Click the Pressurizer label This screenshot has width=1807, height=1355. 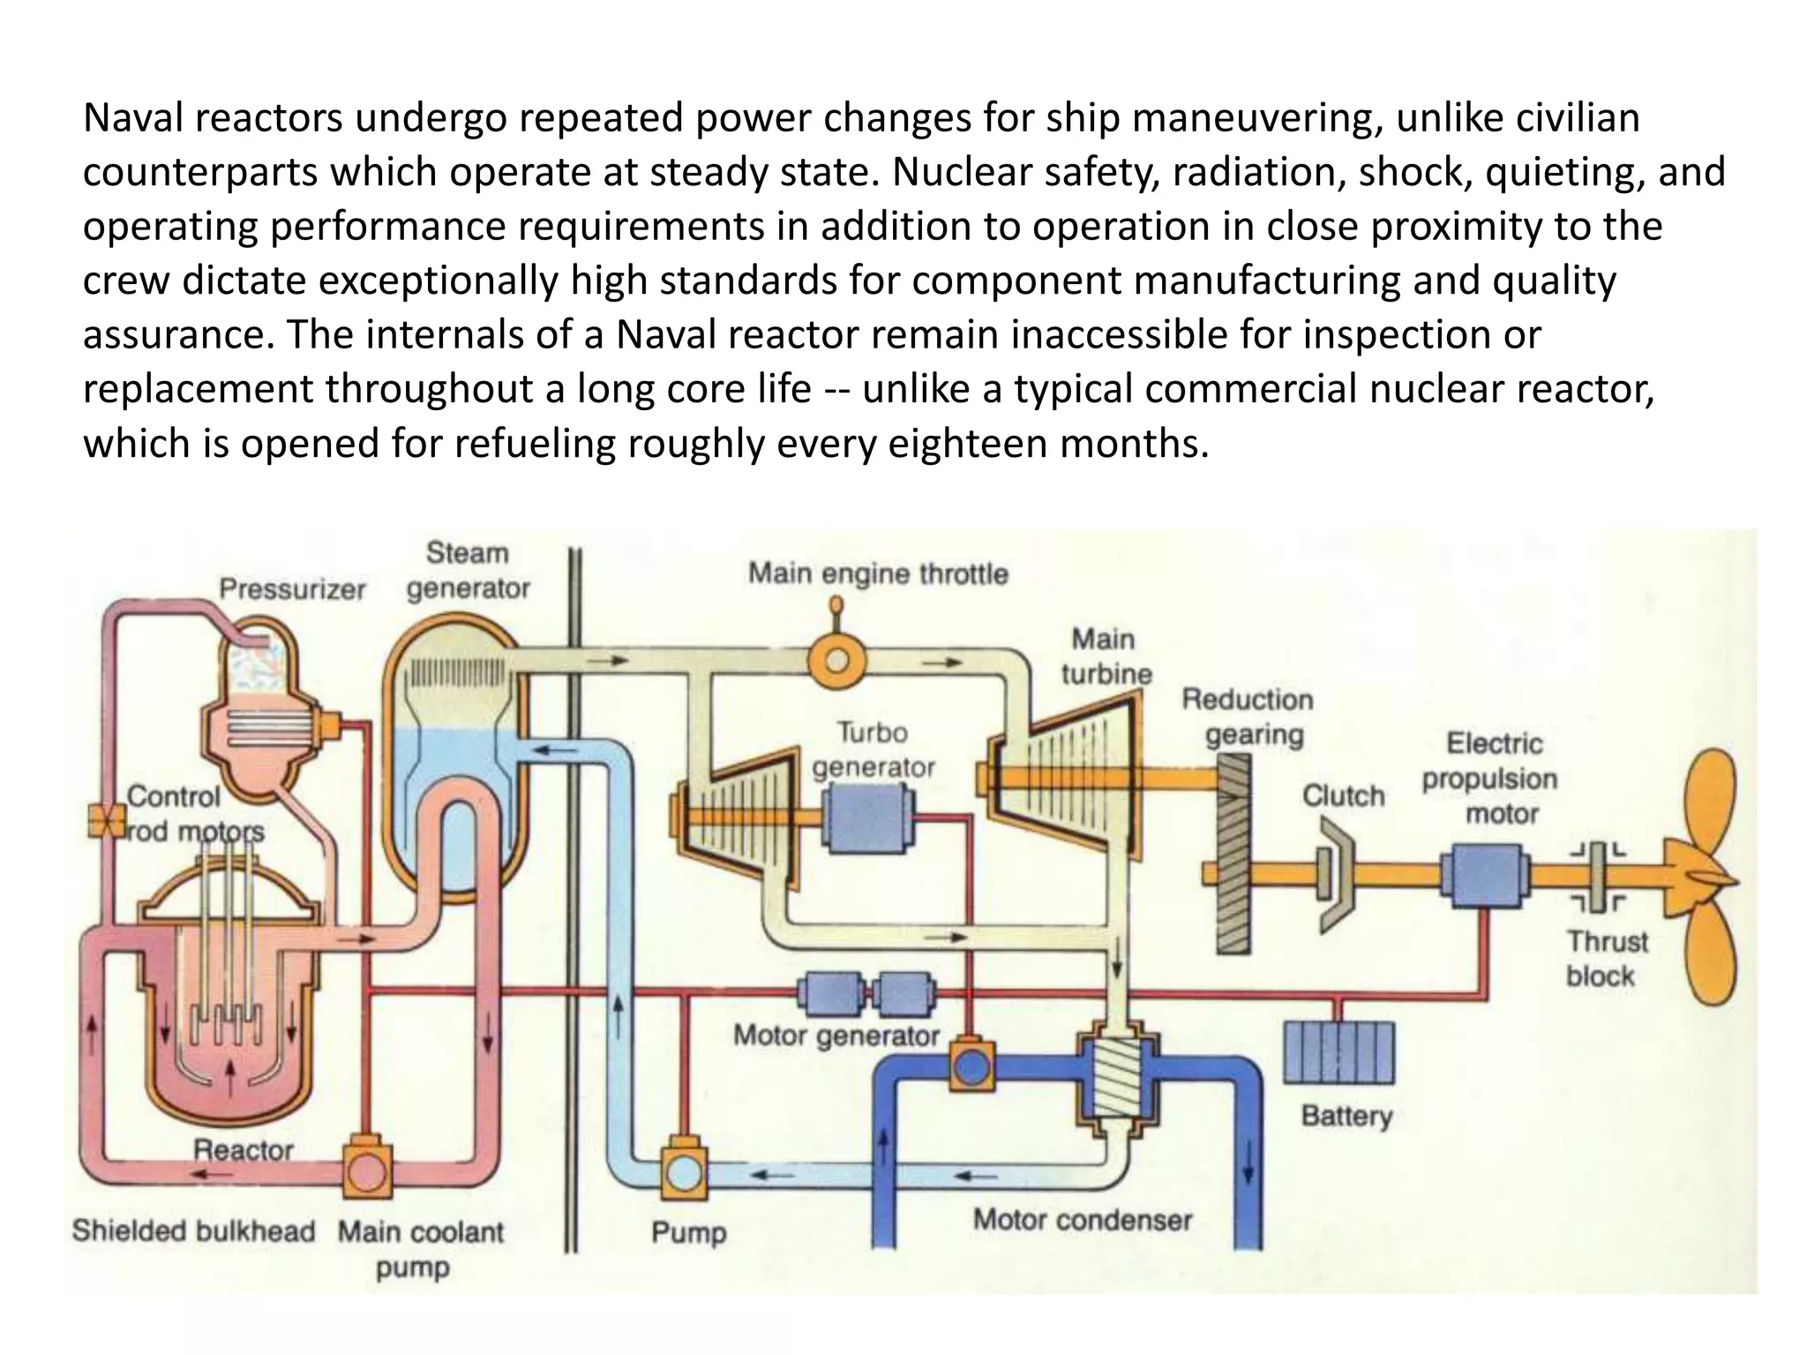point(292,589)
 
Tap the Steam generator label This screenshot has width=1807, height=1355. point(468,571)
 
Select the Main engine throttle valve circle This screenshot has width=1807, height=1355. point(836,660)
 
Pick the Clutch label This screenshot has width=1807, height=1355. point(1343,796)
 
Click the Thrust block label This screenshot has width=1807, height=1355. point(1606,959)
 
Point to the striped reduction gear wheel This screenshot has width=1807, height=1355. point(1233,866)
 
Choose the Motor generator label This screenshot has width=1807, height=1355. point(836,1035)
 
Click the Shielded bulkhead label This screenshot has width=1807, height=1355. point(193,1231)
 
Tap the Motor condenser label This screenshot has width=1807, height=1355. point(1082,1220)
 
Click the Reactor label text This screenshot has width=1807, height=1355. point(243,1149)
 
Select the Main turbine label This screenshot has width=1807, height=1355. point(1106,656)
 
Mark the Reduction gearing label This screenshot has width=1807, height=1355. point(1248,716)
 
